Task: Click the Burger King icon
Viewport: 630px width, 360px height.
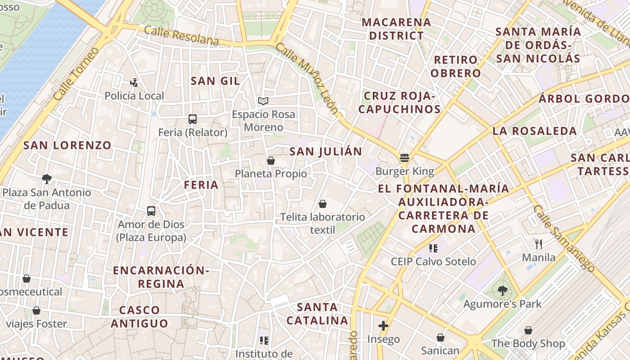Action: click(404, 158)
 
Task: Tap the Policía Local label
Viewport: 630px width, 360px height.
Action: click(134, 96)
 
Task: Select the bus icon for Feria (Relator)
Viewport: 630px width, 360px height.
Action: click(193, 119)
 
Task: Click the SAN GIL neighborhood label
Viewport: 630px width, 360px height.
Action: click(215, 81)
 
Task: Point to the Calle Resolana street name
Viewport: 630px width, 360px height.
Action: click(181, 36)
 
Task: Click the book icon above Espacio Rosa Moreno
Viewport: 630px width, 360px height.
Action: click(263, 101)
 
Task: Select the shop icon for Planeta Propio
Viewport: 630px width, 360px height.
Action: click(271, 161)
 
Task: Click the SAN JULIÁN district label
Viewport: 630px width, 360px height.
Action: click(325, 152)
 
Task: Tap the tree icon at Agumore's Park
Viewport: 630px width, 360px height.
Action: click(503, 291)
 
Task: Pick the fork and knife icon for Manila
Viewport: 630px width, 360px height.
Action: click(539, 244)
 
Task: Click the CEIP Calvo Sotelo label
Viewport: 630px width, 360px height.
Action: click(433, 261)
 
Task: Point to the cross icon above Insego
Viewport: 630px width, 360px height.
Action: click(383, 325)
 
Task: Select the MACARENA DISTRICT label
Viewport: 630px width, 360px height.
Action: click(396, 29)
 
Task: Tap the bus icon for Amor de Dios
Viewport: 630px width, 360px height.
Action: click(151, 211)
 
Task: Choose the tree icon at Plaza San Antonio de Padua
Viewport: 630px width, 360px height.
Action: click(46, 179)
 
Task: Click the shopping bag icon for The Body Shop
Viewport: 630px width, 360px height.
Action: click(528, 330)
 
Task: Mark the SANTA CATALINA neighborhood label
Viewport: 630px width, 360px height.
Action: click(317, 314)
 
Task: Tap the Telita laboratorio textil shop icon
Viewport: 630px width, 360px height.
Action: click(323, 204)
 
